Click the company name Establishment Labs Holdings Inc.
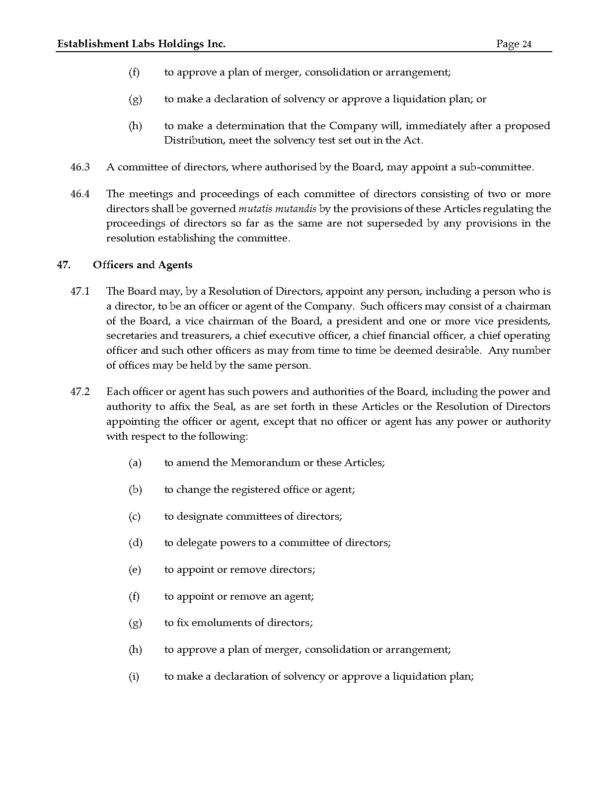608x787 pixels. pyautogui.click(x=142, y=44)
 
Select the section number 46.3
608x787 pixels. pyautogui.click(x=80, y=167)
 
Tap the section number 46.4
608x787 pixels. pyautogui.click(x=80, y=194)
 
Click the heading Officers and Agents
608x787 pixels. pyautogui.click(x=143, y=265)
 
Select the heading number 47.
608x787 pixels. pyautogui.click(x=63, y=265)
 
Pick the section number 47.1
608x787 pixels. pyautogui.click(x=80, y=292)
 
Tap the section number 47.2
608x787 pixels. pyautogui.click(x=80, y=392)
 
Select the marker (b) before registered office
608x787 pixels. pyautogui.click(x=135, y=490)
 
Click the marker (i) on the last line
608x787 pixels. pyautogui.click(x=134, y=677)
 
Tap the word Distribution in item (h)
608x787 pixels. pyautogui.click(x=195, y=141)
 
